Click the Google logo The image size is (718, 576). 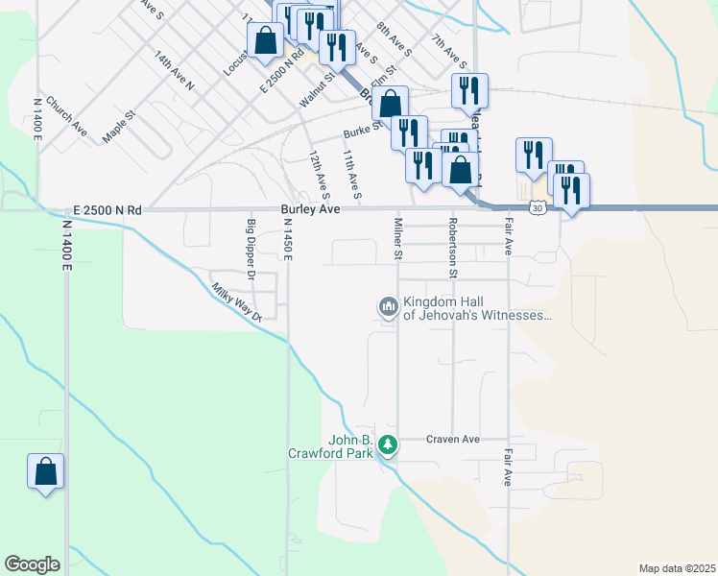(32, 564)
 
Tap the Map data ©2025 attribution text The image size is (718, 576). (677, 567)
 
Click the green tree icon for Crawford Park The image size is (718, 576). (388, 445)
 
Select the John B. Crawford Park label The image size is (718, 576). (329, 446)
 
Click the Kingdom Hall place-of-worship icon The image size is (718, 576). (388, 307)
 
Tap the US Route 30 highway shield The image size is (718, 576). (538, 206)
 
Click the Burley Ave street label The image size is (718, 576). (311, 208)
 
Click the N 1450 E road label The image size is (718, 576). (287, 239)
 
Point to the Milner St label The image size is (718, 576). (397, 238)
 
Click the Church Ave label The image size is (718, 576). (65, 116)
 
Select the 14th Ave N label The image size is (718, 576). (174, 71)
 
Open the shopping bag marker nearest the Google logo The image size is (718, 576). (45, 472)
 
